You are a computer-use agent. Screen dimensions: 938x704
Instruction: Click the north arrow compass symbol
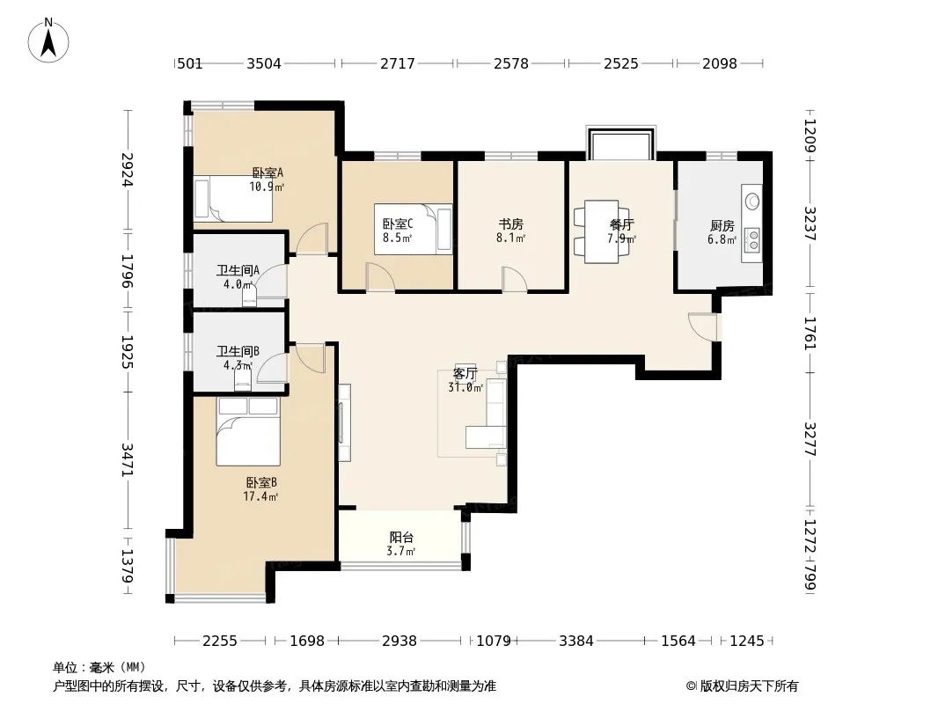[x=48, y=40]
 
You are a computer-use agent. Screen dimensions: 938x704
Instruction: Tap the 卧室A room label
[x=267, y=172]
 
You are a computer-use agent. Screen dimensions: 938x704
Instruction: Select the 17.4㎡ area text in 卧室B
[x=260, y=496]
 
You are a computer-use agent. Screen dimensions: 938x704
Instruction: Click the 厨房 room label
[x=722, y=225]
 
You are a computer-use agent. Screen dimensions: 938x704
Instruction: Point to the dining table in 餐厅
[x=601, y=231]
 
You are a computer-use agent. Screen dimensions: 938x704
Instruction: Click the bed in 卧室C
[x=413, y=229]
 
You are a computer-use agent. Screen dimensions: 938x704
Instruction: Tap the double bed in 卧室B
[x=248, y=431]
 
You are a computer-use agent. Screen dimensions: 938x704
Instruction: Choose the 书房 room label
[x=511, y=224]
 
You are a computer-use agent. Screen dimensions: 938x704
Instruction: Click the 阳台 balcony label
[x=401, y=537]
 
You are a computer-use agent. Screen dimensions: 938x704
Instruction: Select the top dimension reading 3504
[x=264, y=63]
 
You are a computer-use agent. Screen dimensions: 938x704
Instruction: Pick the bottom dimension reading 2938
[x=399, y=642]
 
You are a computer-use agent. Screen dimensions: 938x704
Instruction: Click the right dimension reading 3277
[x=810, y=439]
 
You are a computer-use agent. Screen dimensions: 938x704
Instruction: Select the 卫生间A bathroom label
[x=238, y=270]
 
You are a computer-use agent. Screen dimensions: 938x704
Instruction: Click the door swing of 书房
[x=514, y=279]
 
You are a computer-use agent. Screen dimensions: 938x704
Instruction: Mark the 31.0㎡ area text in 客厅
[x=465, y=387]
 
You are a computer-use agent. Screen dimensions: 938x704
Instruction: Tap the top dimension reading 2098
[x=719, y=63]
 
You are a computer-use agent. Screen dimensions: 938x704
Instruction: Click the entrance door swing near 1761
[x=702, y=326]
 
